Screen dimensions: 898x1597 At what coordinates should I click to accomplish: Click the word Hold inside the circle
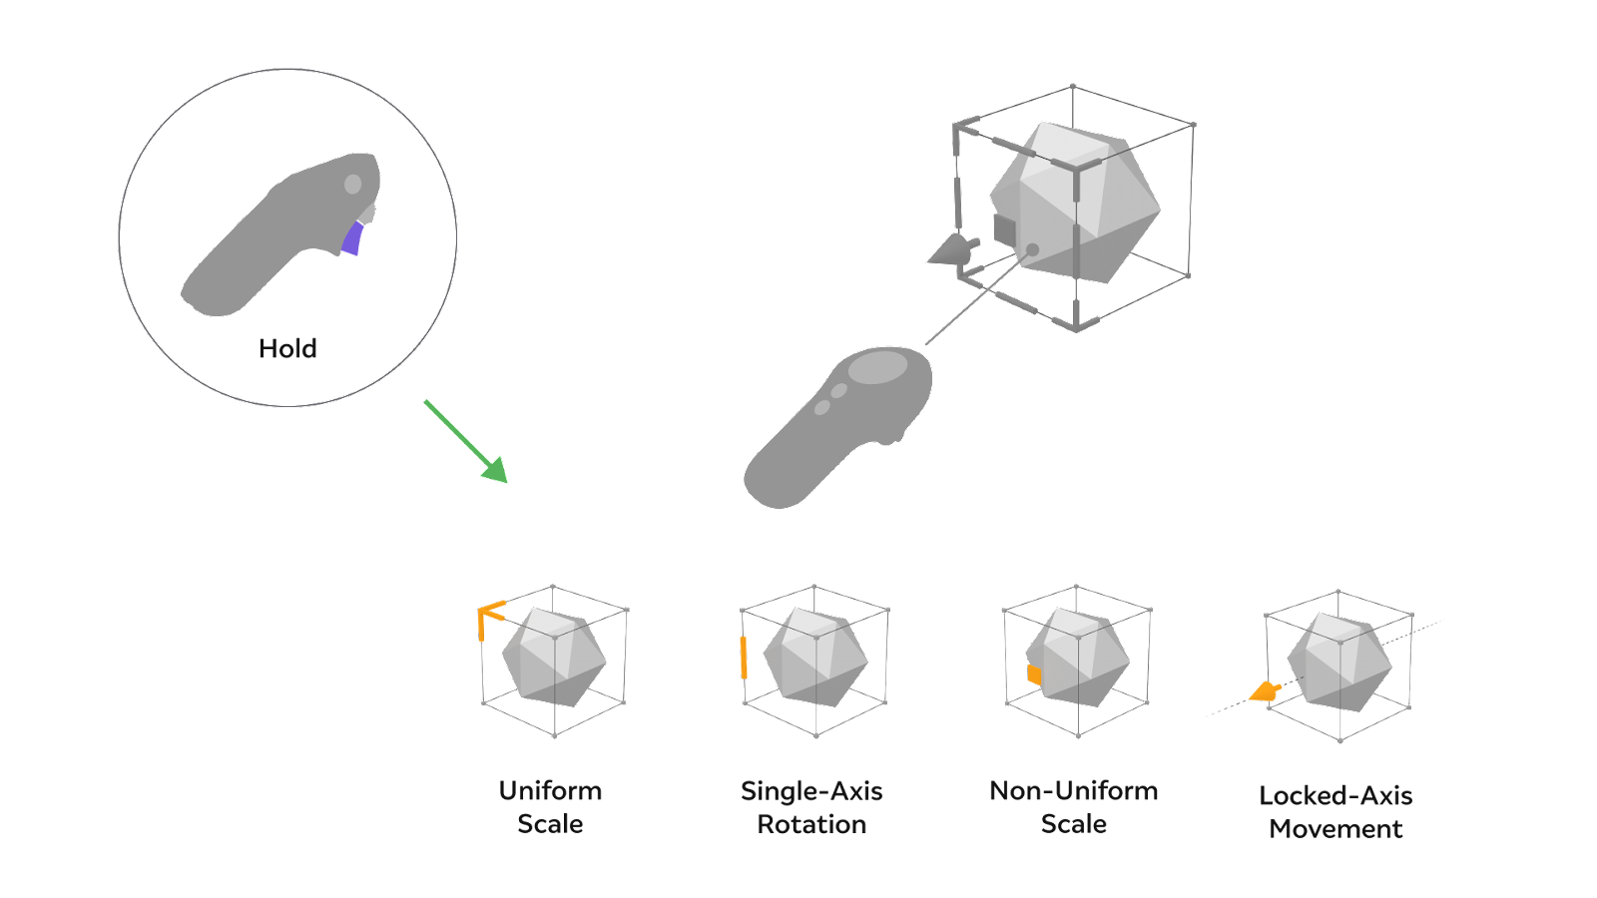287,348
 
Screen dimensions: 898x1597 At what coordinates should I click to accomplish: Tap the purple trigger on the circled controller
352,239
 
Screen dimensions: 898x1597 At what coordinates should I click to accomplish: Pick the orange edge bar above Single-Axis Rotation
744,657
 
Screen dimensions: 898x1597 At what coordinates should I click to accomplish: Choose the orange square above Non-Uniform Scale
1035,675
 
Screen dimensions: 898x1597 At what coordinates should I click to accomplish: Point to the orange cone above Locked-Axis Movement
1265,690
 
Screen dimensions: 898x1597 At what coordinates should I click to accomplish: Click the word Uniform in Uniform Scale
550,791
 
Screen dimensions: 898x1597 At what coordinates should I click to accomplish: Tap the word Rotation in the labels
811,824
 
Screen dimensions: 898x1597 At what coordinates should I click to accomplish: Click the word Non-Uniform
1074,791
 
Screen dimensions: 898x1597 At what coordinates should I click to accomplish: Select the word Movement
1335,829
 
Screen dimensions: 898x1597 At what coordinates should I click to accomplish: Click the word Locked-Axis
1335,796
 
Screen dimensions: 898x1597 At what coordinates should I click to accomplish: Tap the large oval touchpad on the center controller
877,367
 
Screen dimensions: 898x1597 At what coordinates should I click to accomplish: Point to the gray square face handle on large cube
1004,228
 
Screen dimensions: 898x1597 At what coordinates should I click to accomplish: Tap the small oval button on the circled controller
352,185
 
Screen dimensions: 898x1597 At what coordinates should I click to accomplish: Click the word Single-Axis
811,791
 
